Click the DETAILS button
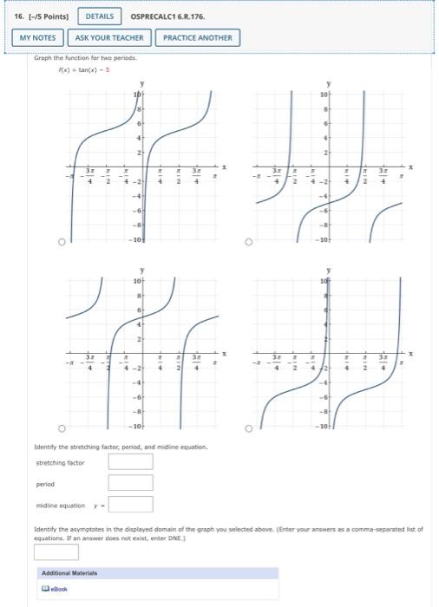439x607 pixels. coord(101,16)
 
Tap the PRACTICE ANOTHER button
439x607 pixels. coord(198,38)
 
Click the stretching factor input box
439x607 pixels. coord(130,461)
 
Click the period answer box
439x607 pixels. coord(130,482)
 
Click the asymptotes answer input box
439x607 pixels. coord(56,552)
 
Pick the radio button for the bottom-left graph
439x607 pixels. coord(62,428)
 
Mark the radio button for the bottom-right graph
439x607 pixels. coord(250,428)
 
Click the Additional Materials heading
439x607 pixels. coord(70,573)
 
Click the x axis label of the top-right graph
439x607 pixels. coord(412,166)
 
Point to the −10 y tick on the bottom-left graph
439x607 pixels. coord(135,427)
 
